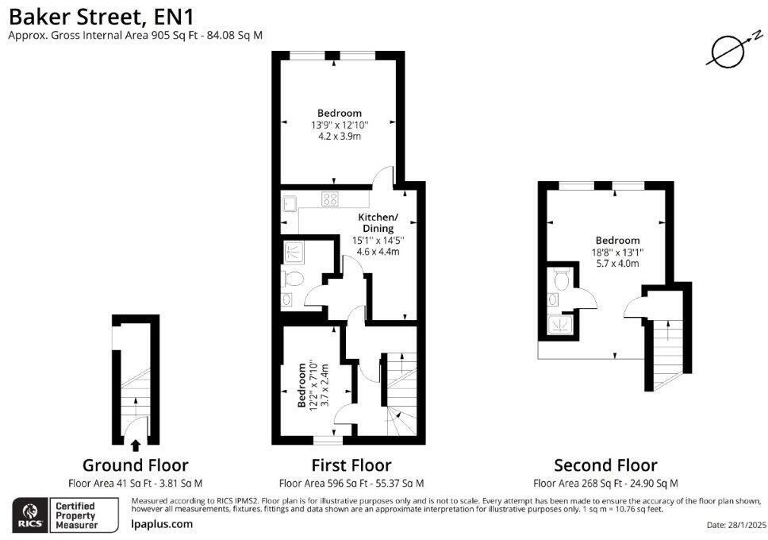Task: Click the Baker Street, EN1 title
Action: point(104,15)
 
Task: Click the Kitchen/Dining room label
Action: point(378,223)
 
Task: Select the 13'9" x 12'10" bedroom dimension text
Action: point(340,125)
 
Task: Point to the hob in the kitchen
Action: point(330,200)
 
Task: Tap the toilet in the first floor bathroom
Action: point(293,278)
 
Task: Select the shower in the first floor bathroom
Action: point(295,253)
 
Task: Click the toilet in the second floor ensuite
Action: point(561,280)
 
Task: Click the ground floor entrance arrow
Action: point(135,445)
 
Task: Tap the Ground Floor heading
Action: point(136,465)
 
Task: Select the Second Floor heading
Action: point(605,465)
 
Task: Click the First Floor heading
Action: point(351,465)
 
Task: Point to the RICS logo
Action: point(30,514)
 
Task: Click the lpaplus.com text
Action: point(162,523)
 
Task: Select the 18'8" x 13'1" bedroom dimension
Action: point(617,253)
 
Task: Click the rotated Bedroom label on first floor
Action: point(301,384)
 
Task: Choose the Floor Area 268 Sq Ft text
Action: point(605,483)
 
